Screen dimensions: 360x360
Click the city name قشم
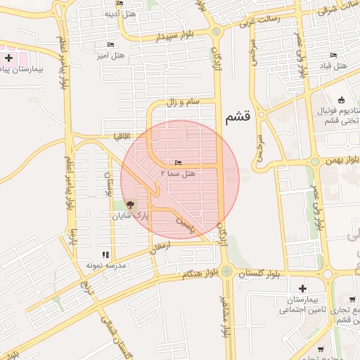pos(238,117)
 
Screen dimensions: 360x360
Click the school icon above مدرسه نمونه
pos(105,255)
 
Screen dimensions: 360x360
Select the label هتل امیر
pos(112,55)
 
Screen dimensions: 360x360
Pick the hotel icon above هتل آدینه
pos(119,4)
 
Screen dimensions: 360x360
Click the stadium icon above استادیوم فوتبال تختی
pos(341,99)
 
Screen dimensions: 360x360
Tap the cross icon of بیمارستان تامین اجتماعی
pos(302,288)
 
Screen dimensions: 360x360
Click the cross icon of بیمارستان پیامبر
pos(8,57)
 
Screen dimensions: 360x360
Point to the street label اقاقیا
pos(112,134)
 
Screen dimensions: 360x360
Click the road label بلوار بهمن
pos(342,161)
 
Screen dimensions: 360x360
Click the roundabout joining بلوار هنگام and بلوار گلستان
pos(227,270)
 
